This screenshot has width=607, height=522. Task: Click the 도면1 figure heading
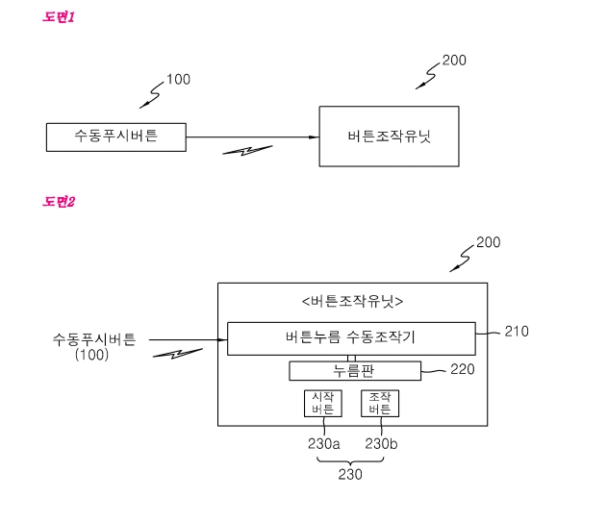59,17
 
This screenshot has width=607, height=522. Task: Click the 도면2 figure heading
59,201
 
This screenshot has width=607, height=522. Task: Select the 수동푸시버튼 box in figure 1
115,137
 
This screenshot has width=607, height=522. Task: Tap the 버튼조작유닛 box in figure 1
389,137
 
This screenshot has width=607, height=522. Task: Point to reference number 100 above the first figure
178,79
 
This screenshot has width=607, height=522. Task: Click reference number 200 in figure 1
454,60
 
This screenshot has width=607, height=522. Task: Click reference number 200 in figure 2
488,242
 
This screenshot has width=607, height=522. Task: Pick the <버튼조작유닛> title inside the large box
352,301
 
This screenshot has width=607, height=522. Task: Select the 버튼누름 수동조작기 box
351,337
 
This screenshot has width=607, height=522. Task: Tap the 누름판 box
355,371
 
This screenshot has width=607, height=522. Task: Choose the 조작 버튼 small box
379,403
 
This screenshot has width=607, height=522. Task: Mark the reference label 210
516,332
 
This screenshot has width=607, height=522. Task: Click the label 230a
324,443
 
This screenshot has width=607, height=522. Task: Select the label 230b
382,443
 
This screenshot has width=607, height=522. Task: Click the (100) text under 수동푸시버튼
93,355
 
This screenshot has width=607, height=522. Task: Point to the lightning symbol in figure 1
247,152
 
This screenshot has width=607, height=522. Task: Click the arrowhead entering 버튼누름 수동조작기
222,338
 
